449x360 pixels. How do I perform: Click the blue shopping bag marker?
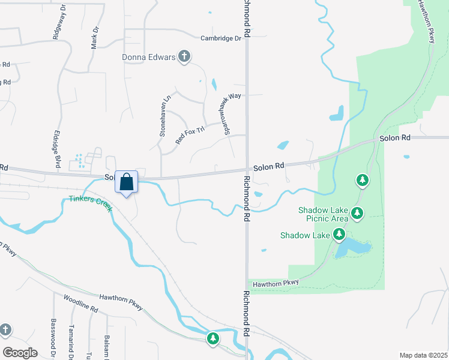coord(127,182)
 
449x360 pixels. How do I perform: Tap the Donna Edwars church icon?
coord(184,57)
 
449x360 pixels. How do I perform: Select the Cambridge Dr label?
coord(220,38)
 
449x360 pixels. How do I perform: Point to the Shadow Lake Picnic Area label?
coord(324,214)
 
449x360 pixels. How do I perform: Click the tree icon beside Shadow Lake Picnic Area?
coord(357,213)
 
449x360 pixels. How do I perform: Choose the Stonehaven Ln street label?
coord(165,115)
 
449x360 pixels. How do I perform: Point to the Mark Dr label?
coord(95,37)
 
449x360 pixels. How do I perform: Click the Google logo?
coord(20,353)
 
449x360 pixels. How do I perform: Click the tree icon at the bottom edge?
coord(212,339)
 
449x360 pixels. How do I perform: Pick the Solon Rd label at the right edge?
coord(394,138)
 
